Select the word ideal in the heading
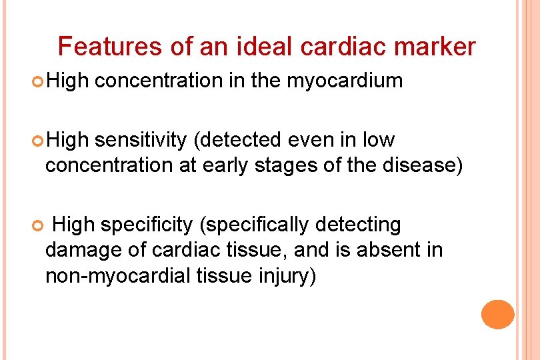267,47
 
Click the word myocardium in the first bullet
345,81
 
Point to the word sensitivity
141,141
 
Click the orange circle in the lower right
498,315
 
